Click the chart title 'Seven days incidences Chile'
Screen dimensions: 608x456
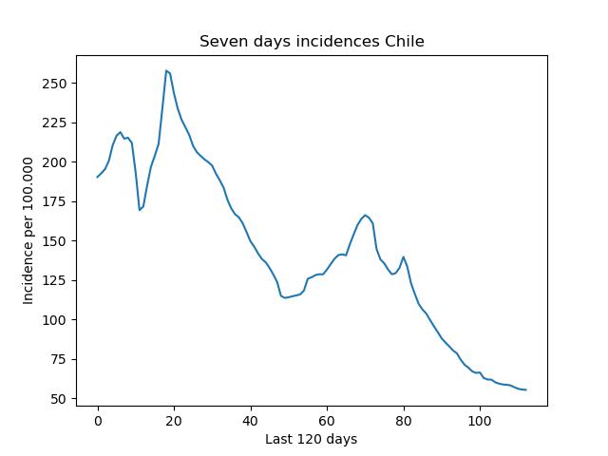312,41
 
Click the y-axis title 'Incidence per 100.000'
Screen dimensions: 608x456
28,231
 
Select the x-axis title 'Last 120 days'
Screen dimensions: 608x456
312,439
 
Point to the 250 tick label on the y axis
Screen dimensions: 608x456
55,84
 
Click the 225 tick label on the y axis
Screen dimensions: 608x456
55,123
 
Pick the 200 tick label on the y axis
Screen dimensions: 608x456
55,162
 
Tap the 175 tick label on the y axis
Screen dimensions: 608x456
55,201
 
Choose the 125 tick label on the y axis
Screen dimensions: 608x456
55,280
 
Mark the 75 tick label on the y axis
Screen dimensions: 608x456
60,359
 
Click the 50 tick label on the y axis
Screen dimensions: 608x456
60,399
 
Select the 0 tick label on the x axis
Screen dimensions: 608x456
98,421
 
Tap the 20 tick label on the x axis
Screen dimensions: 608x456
174,421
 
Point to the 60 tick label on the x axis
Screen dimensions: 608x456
327,421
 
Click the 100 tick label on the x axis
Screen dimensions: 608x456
480,421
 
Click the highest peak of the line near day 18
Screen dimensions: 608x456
166,70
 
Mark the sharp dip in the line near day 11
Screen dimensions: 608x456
140,210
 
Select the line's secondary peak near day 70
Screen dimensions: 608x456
365,215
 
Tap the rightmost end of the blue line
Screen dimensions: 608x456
526,389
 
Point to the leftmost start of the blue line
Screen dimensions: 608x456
97,178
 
